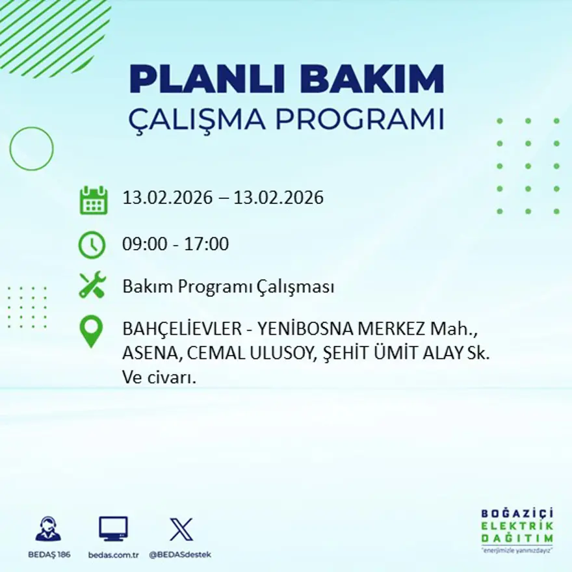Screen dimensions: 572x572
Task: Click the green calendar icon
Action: pos(93,200)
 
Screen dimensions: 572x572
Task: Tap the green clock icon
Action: pos(92,245)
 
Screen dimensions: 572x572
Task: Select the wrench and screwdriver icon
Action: pos(92,286)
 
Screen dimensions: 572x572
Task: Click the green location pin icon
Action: pos(91,330)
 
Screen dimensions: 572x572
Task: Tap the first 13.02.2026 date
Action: pos(167,198)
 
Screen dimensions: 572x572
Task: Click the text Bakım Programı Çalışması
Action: pos(228,287)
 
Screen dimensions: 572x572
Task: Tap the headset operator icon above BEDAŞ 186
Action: pos(48,529)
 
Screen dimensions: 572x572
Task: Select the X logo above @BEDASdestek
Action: pos(181,529)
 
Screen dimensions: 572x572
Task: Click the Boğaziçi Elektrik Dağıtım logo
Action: pos(517,528)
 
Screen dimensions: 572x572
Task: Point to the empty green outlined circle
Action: pos(31,149)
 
